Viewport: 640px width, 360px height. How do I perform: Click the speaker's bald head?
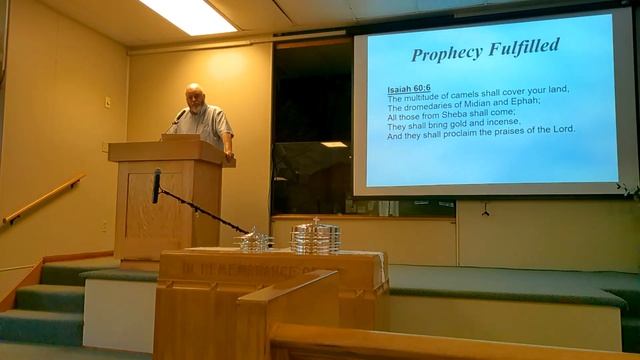pos(194,92)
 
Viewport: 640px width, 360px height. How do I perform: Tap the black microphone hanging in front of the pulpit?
pos(156,186)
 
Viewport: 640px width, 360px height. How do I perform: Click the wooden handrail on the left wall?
pos(44,199)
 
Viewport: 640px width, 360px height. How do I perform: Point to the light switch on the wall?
pos(108,101)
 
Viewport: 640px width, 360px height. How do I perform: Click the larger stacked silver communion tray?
pos(315,236)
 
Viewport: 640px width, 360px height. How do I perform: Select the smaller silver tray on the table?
pos(253,240)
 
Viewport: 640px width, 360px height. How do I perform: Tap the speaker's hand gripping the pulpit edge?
pos(229,153)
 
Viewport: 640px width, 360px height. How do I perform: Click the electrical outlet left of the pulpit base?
pos(103,226)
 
